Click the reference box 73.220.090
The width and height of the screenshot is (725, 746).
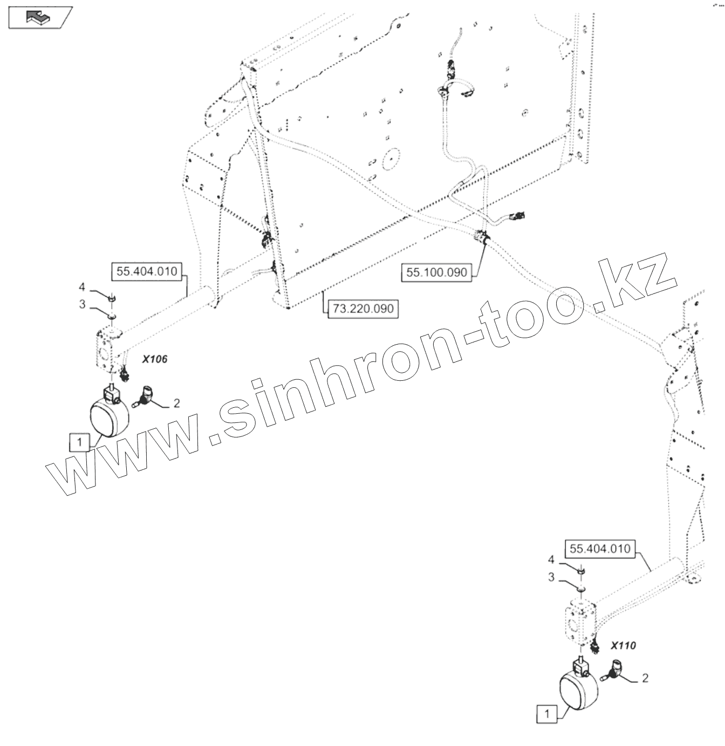click(363, 309)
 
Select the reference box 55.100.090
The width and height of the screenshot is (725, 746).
click(436, 272)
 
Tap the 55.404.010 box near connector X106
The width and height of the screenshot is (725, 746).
click(147, 271)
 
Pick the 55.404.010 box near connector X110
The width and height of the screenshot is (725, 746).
click(600, 549)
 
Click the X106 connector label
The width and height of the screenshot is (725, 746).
click(154, 359)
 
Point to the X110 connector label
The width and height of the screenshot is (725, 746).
click(623, 645)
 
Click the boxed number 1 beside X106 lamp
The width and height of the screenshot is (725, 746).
click(80, 442)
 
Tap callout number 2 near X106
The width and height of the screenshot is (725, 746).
click(176, 403)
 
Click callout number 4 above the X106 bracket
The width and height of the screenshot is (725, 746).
click(82, 286)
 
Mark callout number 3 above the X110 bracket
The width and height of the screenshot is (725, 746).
click(551, 577)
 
